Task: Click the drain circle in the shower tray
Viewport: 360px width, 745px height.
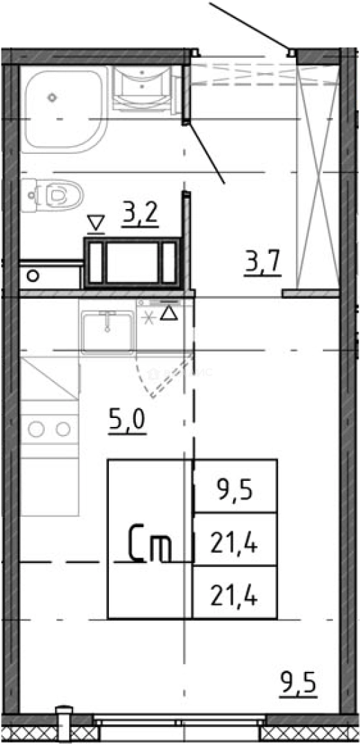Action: click(52, 97)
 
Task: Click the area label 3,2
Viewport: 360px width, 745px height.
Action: click(141, 214)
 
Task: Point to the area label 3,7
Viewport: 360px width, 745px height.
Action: click(263, 262)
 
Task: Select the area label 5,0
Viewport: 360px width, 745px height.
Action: click(128, 419)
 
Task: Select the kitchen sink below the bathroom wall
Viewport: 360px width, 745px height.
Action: click(108, 332)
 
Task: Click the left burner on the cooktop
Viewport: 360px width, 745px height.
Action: click(37, 430)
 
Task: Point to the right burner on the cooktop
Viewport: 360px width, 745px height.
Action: click(63, 430)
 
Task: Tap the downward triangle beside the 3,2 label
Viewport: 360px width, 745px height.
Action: click(96, 223)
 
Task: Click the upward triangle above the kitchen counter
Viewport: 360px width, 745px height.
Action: click(168, 315)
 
